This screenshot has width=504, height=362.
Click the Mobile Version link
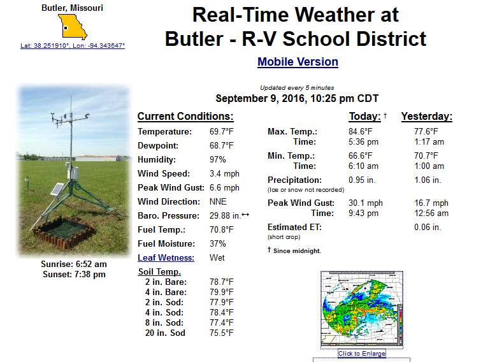tap(298, 62)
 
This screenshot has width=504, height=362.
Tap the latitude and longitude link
tap(73, 46)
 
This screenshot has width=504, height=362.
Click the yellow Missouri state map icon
tap(73, 27)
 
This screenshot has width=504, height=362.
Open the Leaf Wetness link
tap(166, 258)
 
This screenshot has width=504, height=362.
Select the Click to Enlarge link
tap(362, 354)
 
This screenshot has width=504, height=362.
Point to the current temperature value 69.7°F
tap(222, 131)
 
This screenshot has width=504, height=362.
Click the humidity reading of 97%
tap(218, 159)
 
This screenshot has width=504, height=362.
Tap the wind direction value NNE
tap(218, 201)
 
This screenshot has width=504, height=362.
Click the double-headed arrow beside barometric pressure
tap(245, 214)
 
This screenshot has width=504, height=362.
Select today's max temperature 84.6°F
tap(361, 131)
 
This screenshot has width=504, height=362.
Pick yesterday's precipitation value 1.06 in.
tap(428, 180)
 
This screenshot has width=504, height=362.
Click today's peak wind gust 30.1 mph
tap(366, 203)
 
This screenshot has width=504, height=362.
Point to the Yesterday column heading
tap(426, 117)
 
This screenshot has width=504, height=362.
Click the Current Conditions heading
tap(185, 117)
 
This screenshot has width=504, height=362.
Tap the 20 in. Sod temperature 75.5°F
tap(222, 333)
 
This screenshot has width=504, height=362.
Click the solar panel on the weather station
tap(57, 189)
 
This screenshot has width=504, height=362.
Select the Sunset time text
tap(74, 275)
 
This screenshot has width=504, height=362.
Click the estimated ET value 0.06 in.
tap(428, 228)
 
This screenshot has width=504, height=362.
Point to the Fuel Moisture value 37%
tap(218, 243)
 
